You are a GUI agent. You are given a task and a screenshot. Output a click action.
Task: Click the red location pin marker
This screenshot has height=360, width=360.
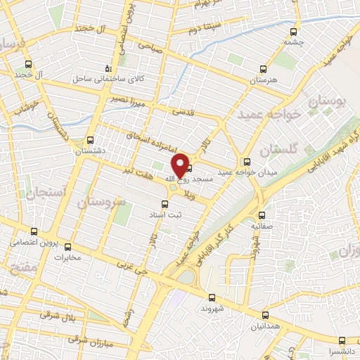[181, 165]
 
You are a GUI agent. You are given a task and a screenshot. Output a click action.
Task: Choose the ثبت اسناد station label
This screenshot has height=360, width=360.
[165, 215]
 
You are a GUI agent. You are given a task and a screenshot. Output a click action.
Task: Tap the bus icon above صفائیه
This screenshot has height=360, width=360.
[262, 215]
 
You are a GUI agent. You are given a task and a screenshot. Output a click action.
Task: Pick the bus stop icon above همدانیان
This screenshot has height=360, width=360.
[265, 315]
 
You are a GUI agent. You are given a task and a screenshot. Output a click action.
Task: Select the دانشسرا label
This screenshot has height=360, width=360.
[341, 350]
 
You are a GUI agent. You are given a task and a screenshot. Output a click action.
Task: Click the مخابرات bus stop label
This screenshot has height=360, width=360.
[69, 257]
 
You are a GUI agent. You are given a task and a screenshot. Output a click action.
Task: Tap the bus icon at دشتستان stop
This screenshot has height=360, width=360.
[91, 140]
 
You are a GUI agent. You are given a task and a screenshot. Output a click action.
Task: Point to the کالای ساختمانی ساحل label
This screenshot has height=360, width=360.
[107, 79]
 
